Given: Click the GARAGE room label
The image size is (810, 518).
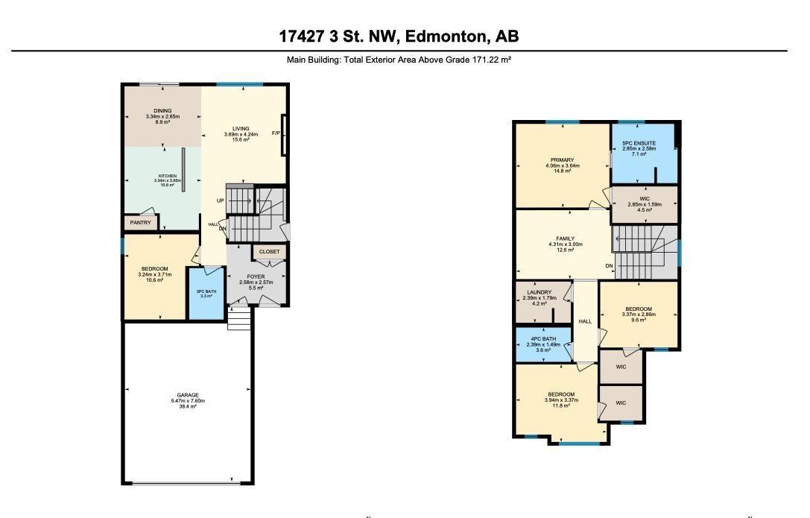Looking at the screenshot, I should pyautogui.click(x=188, y=395).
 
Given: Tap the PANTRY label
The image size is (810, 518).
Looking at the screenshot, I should pyautogui.click(x=141, y=222).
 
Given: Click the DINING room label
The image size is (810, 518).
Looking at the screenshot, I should pyautogui.click(x=162, y=111).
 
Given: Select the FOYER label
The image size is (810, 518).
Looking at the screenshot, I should pyautogui.click(x=256, y=277).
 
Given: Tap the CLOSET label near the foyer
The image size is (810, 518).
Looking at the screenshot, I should pyautogui.click(x=269, y=252).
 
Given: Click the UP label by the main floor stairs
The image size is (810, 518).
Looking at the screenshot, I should pyautogui.click(x=220, y=200).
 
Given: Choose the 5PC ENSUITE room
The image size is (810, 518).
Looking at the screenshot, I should pyautogui.click(x=639, y=143).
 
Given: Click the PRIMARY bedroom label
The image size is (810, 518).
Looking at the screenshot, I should pyautogui.click(x=562, y=160).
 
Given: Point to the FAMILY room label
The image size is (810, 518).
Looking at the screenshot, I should pyautogui.click(x=560, y=239).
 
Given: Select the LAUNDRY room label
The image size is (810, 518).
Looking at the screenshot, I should pyautogui.click(x=539, y=292).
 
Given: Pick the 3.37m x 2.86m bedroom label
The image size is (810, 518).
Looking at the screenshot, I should pyautogui.click(x=639, y=309).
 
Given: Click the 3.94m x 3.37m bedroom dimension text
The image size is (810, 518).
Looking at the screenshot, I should pyautogui.click(x=561, y=400).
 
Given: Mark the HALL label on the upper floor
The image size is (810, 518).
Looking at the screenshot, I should pyautogui.click(x=585, y=321).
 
